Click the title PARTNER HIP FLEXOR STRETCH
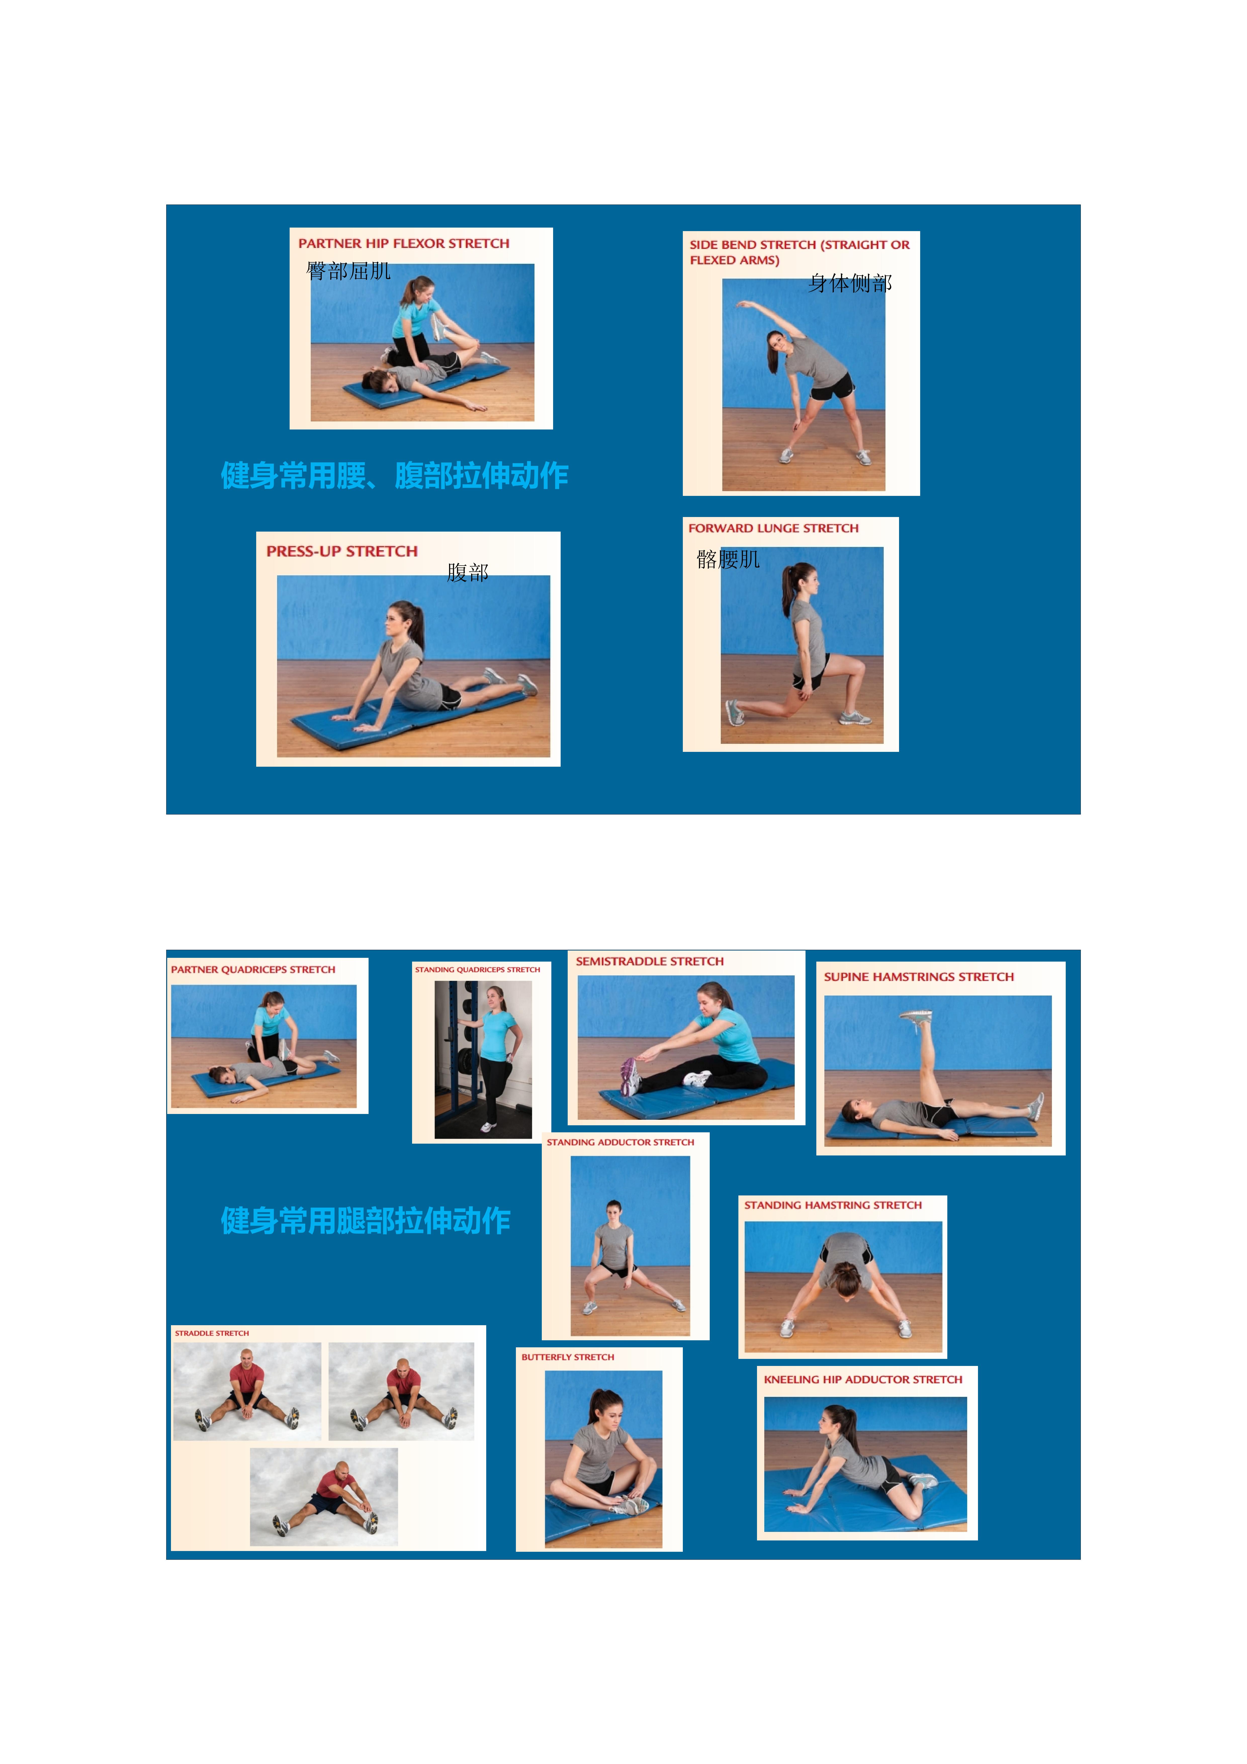point(403,244)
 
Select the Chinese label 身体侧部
point(850,283)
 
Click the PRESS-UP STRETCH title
point(342,552)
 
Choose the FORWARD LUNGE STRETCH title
point(773,529)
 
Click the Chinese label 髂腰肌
point(728,559)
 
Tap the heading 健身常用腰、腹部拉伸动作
point(394,476)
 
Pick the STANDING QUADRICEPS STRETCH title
point(477,970)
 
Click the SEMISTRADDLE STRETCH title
point(649,961)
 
